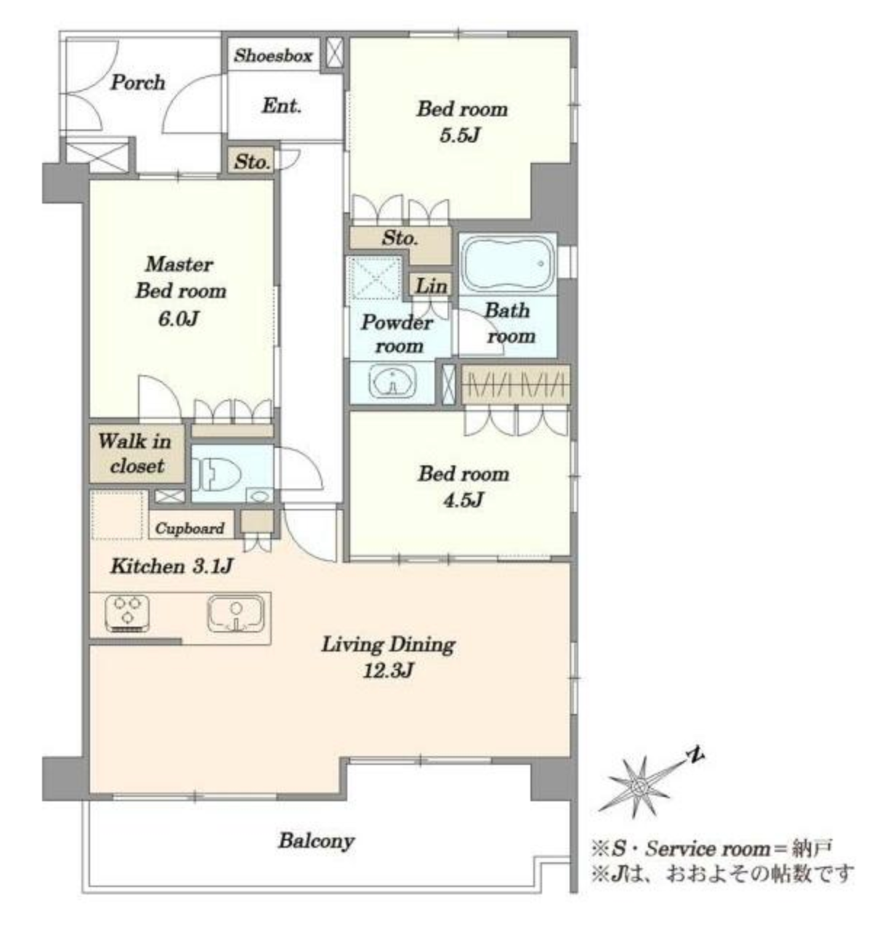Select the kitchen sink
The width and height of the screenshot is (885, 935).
tap(235, 615)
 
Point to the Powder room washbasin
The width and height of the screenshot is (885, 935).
tap(392, 382)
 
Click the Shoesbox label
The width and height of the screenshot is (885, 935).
tap(272, 55)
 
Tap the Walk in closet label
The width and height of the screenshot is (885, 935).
tap(136, 453)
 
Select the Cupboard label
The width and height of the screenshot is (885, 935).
tap(190, 529)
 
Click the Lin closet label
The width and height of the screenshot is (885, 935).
tap(431, 286)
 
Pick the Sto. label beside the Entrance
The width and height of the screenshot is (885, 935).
tap(252, 162)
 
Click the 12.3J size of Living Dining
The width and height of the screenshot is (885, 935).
tap(388, 671)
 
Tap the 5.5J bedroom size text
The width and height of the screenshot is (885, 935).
tap(460, 136)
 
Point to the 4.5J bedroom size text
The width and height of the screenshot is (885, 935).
tap(463, 500)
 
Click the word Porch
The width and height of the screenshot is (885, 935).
tap(138, 83)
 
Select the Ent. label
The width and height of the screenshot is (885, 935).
tap(281, 105)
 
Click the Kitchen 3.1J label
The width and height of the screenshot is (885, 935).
tap(171, 566)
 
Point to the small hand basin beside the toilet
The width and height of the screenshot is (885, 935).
tap(260, 497)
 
